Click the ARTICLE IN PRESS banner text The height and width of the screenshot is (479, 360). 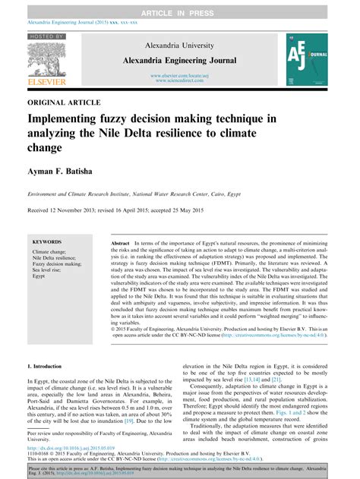click(179, 7)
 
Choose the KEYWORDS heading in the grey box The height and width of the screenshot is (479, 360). click(47, 242)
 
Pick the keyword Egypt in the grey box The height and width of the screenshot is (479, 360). click(39, 276)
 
